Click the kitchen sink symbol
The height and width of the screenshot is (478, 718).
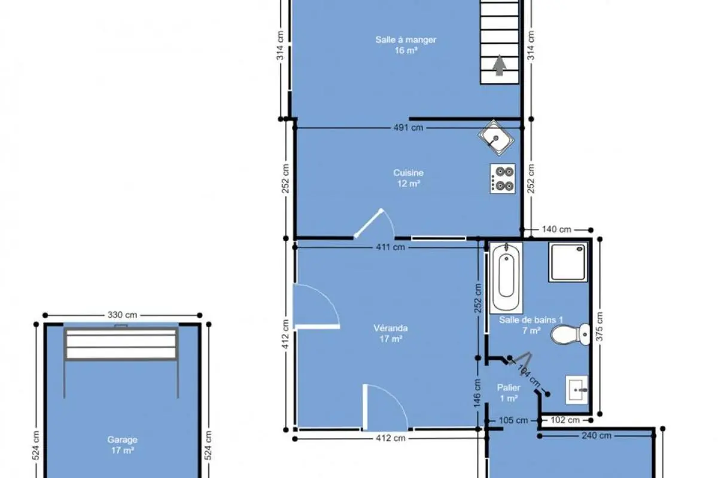tap(496, 138)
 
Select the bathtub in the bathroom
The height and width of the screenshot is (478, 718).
tap(506, 278)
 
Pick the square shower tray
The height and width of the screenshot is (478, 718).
tap(568, 262)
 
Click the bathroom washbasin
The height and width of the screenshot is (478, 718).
tap(577, 390)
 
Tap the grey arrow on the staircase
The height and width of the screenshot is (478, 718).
tap(500, 65)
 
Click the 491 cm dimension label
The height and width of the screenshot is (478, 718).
tap(408, 128)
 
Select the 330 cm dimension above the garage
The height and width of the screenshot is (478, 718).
tap(122, 315)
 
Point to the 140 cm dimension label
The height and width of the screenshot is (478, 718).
tap(556, 229)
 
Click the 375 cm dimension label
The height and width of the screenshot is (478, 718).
tap(600, 326)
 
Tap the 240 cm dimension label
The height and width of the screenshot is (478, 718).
tap(597, 436)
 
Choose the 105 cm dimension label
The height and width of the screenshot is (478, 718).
tap(513, 421)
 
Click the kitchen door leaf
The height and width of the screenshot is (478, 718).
tap(369, 223)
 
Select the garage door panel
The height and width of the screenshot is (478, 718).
tap(121, 344)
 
